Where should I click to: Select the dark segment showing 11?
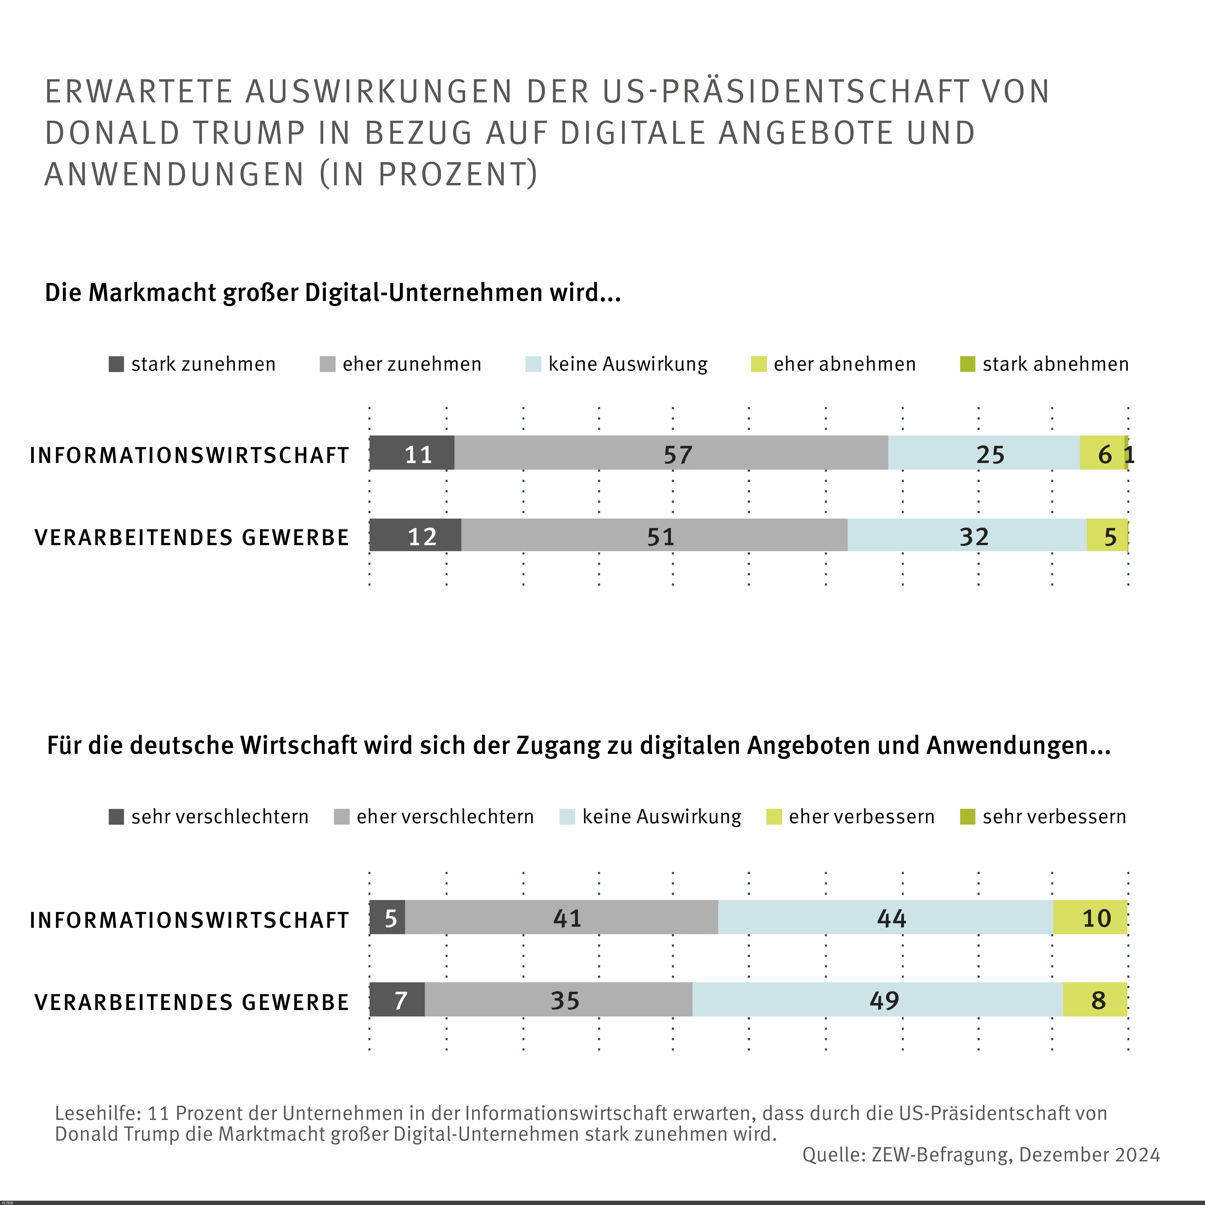tap(412, 453)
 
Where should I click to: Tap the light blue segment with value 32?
tap(967, 535)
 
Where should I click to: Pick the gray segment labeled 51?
tap(654, 535)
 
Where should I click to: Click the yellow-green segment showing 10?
tap(1090, 917)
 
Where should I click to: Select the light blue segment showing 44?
tap(886, 917)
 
